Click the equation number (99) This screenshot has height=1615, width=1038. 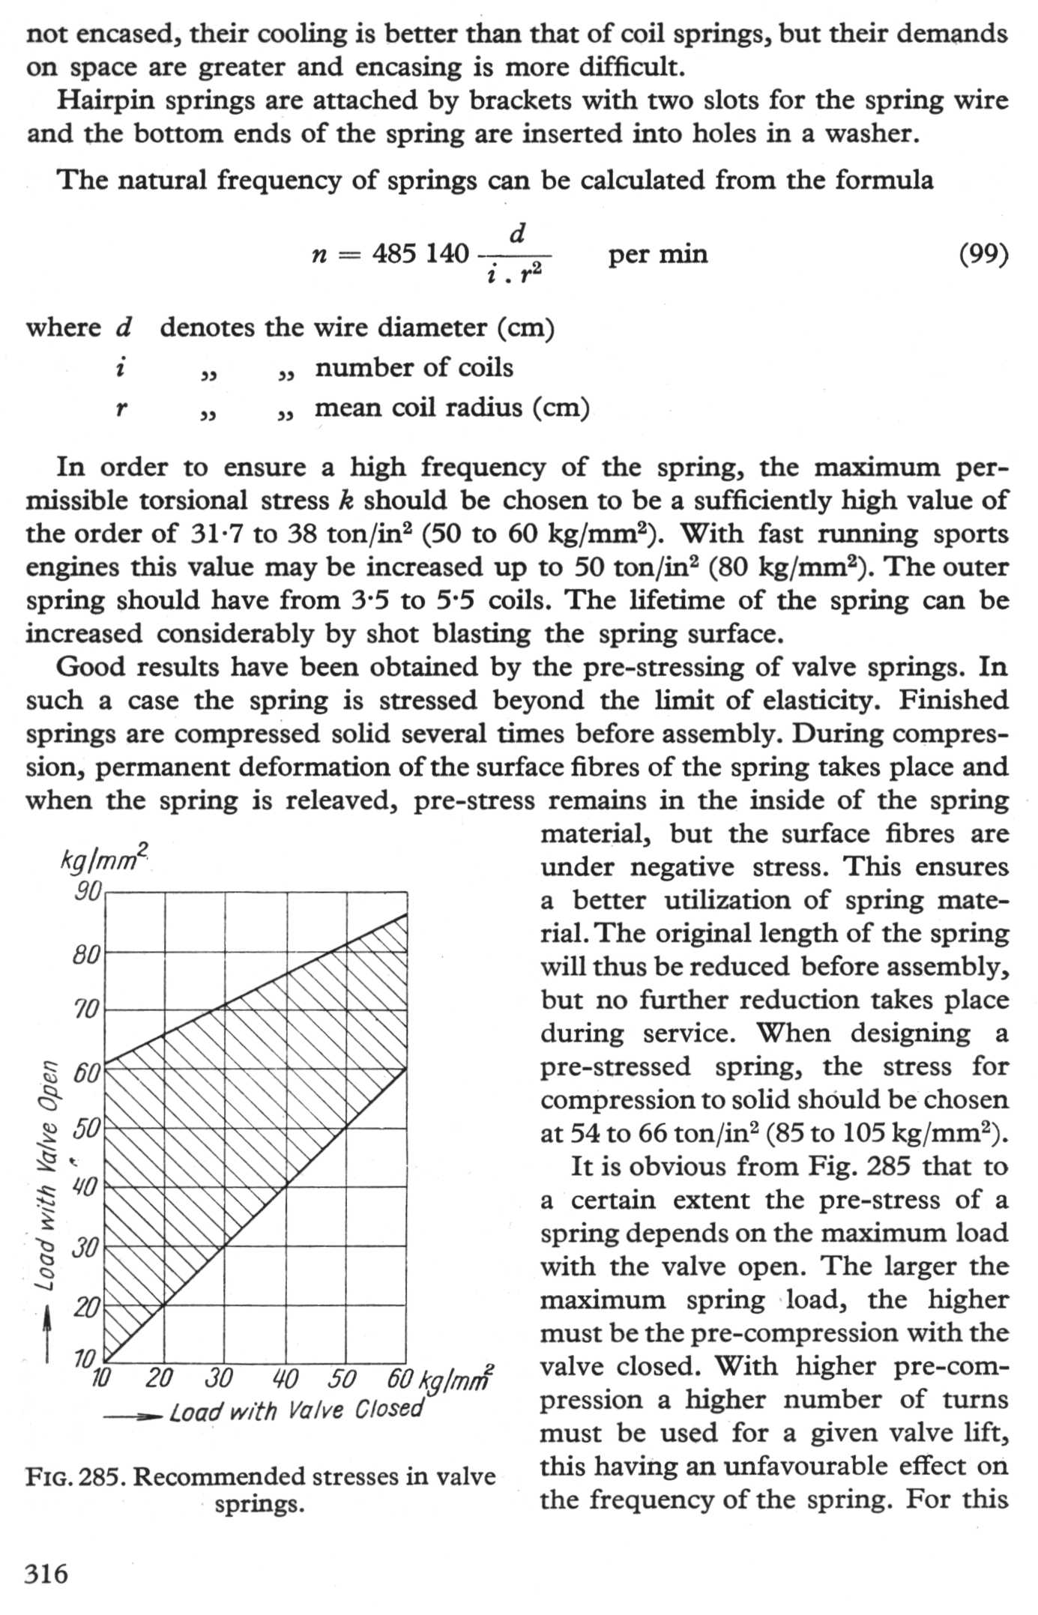[x=983, y=255]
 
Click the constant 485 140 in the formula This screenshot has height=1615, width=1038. [x=420, y=254]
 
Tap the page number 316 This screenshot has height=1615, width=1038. [x=46, y=1573]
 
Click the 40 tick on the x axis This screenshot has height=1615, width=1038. [x=285, y=1377]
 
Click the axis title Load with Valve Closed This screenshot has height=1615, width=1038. [x=297, y=1411]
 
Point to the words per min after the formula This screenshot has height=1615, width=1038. [x=657, y=254]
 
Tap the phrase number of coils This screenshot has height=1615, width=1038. [x=414, y=368]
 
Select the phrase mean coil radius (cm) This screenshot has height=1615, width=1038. [x=452, y=408]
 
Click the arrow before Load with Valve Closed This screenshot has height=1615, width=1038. [x=133, y=1416]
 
